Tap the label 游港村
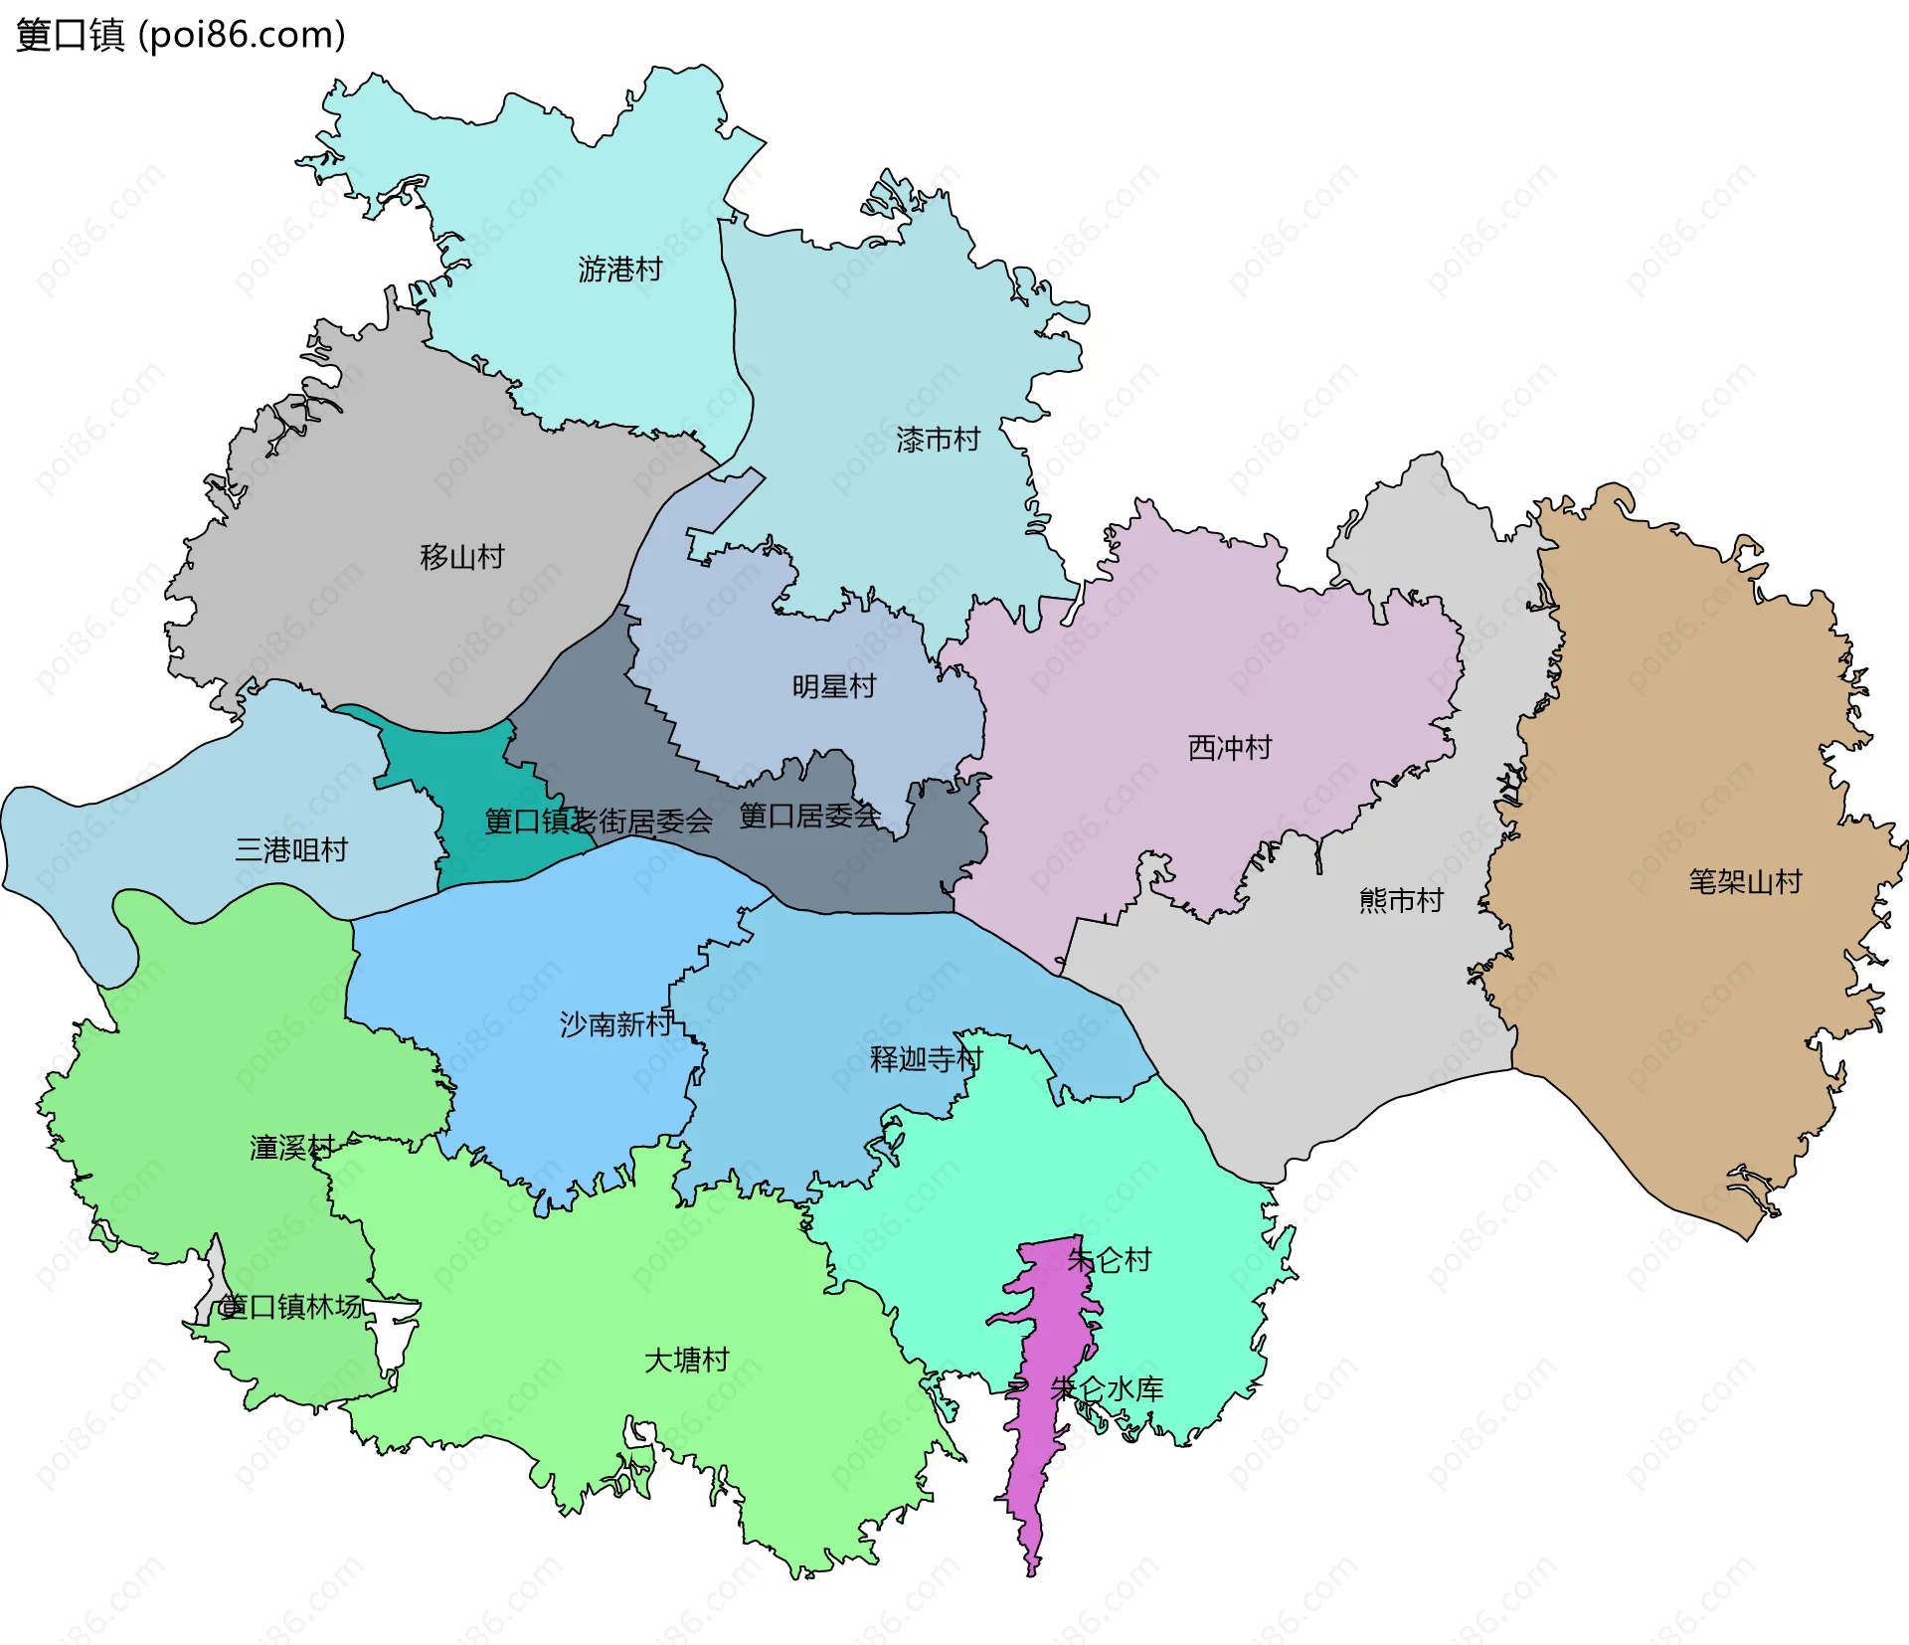tap(620, 270)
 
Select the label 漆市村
tap(938, 440)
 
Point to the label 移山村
tap(462, 557)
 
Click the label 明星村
tap(833, 687)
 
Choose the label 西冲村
tap(1230, 748)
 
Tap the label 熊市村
tap(1401, 901)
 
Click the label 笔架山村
tap(1745, 882)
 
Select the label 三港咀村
tap(291, 850)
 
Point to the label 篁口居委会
tap(809, 817)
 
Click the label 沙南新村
tap(616, 1024)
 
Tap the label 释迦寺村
tap(926, 1059)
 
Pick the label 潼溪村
tap(291, 1148)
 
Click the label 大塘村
tap(687, 1360)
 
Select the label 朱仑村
tap(1110, 1260)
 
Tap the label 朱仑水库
tap(1107, 1388)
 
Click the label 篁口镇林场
tap(291, 1307)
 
